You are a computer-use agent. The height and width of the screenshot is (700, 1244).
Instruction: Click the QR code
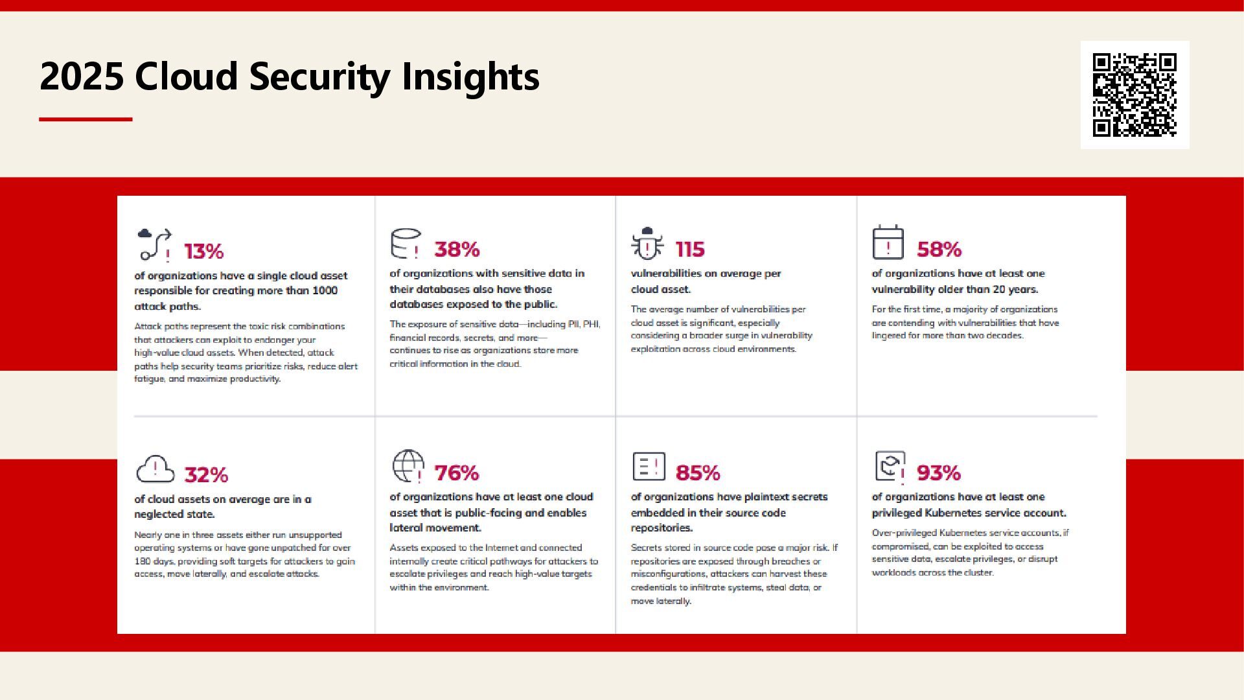(1135, 95)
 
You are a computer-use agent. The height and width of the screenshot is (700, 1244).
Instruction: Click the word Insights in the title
(470, 76)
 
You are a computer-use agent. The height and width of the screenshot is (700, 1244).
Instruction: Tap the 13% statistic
(203, 251)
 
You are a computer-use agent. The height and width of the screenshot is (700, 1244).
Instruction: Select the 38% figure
(457, 250)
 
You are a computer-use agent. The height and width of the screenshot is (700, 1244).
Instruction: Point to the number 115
(690, 250)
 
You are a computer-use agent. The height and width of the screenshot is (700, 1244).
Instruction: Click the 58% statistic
(939, 250)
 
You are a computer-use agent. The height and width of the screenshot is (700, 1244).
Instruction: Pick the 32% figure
(206, 475)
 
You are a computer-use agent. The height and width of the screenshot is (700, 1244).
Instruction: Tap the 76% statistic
(457, 473)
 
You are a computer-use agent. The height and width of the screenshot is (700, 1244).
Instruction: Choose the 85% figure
(698, 473)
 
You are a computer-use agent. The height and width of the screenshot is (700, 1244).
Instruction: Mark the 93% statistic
(939, 473)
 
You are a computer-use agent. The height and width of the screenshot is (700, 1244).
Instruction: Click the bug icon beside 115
(647, 244)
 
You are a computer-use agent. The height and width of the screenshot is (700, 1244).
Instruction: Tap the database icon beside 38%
(406, 244)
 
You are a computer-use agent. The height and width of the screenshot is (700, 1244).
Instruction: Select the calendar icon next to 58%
(888, 242)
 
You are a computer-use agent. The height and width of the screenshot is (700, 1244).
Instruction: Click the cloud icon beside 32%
(155, 469)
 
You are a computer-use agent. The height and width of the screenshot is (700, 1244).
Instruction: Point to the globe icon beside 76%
(408, 466)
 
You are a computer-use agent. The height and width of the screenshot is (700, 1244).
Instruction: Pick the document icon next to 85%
(649, 466)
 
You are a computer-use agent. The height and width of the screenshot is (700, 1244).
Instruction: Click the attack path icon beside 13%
(155, 244)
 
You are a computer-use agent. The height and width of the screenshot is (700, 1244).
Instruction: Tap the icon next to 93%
(890, 467)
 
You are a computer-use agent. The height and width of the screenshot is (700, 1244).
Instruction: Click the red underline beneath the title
(86, 119)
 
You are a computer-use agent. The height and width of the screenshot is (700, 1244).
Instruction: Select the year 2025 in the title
(82, 76)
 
